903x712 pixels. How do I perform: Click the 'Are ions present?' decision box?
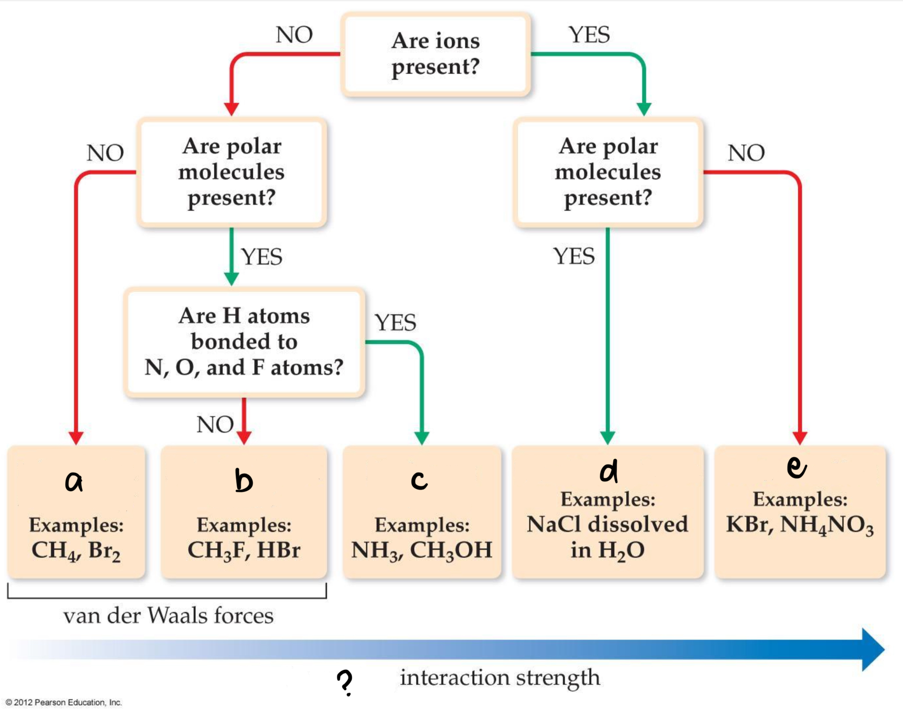pyautogui.click(x=436, y=54)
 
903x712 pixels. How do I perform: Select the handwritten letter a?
pyautogui.click(x=74, y=481)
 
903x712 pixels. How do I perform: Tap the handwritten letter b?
pyautogui.click(x=243, y=481)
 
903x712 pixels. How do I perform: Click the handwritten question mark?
pyautogui.click(x=345, y=682)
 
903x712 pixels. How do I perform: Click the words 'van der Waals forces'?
pyautogui.click(x=168, y=615)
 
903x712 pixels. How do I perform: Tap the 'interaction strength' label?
pyautogui.click(x=500, y=677)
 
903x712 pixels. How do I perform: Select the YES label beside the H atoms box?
pyautogui.click(x=395, y=322)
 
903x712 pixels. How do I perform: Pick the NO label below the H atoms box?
pyautogui.click(x=214, y=424)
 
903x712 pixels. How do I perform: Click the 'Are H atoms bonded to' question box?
pyautogui.click(x=244, y=342)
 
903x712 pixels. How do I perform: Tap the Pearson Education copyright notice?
pyautogui.click(x=63, y=702)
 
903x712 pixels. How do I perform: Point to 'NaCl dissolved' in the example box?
pyautogui.click(x=607, y=524)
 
